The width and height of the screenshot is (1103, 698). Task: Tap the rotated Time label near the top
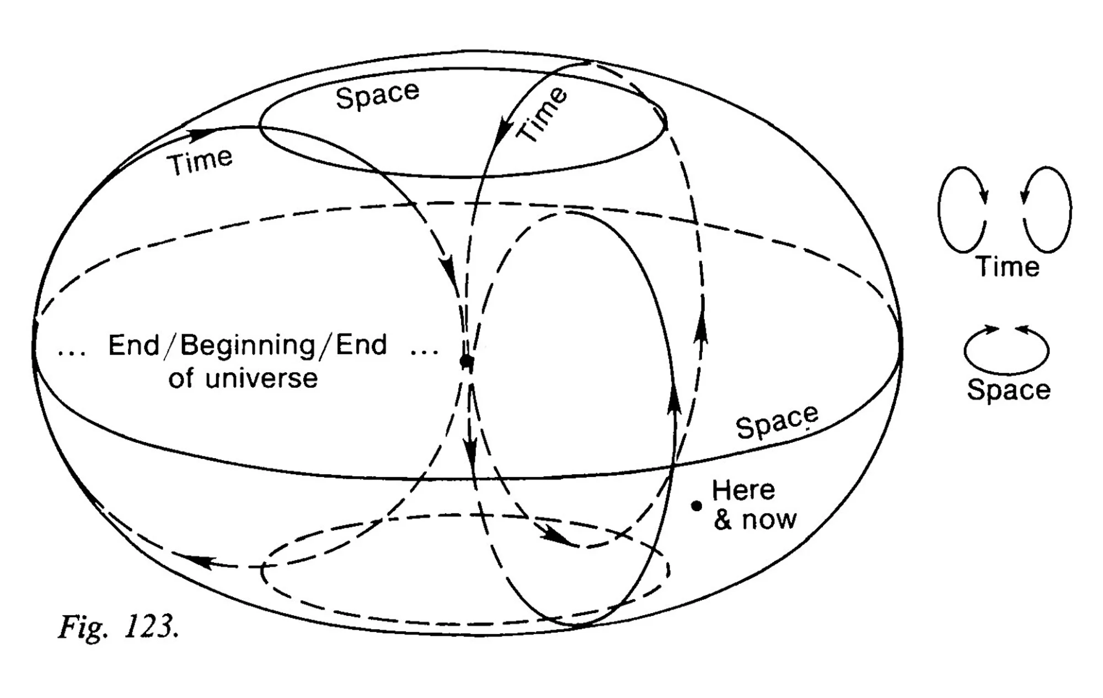pyautogui.click(x=542, y=114)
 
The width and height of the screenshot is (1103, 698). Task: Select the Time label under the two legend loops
pyautogui.click(x=1008, y=267)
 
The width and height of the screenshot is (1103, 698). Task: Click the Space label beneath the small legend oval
pyautogui.click(x=1008, y=390)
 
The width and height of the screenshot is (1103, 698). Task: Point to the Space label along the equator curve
pyautogui.click(x=777, y=422)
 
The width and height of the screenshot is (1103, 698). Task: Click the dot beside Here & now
pyautogui.click(x=697, y=506)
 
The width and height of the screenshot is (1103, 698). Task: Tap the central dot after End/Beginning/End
pyautogui.click(x=467, y=362)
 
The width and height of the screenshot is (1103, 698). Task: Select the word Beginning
pyautogui.click(x=248, y=346)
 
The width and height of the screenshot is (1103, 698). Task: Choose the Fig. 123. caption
pyautogui.click(x=118, y=627)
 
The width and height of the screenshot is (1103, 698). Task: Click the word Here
pyautogui.click(x=743, y=490)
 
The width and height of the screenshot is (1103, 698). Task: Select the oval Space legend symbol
pyautogui.click(x=1006, y=351)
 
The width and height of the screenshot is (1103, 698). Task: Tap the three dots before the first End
pyautogui.click(x=72, y=352)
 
